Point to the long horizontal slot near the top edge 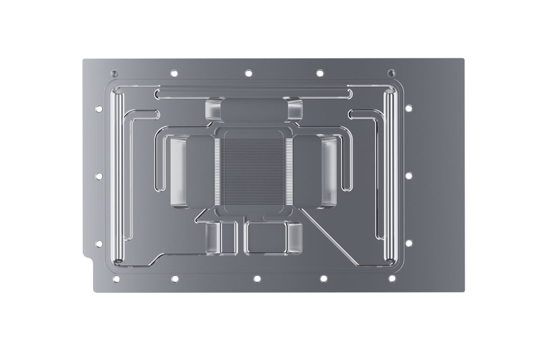click(x=253, y=94)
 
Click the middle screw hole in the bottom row click(x=257, y=278)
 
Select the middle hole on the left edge click(x=98, y=176)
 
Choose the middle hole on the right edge click(x=408, y=176)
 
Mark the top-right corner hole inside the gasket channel click(x=391, y=73)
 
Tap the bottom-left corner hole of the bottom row click(x=116, y=279)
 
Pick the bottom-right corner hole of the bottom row click(x=392, y=278)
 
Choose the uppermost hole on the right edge click(x=408, y=108)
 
